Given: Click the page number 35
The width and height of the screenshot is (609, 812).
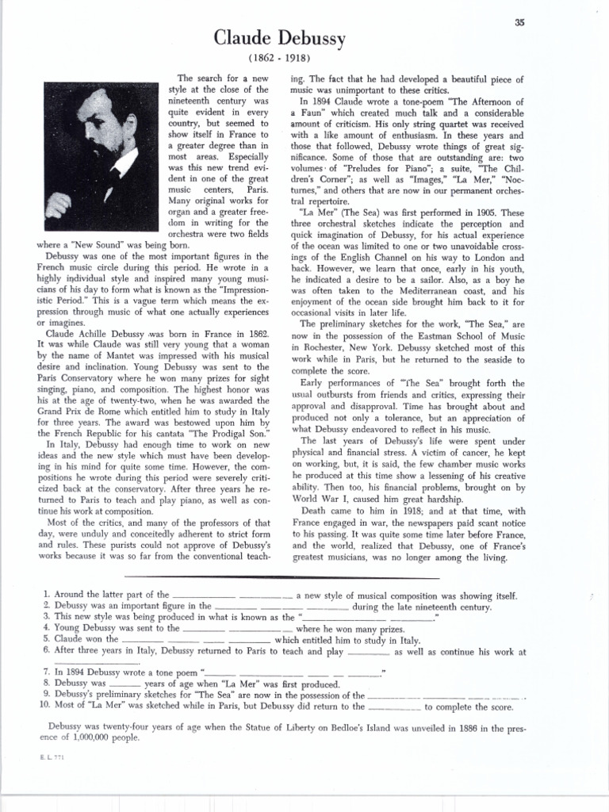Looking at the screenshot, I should pos(519,22).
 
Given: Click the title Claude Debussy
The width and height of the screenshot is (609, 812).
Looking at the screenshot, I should pos(280,39).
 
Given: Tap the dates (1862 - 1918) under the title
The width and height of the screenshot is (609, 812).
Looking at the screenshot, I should pos(280,59).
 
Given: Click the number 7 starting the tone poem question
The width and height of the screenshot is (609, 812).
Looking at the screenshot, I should pos(48,672).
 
